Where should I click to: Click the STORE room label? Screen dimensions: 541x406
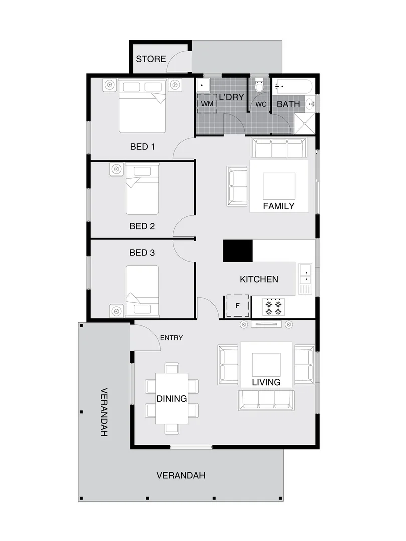151,59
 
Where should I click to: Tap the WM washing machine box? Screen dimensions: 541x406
208,104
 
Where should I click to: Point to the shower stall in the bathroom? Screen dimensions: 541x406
304,123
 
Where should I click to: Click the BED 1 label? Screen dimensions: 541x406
142,147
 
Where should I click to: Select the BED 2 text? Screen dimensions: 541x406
142,226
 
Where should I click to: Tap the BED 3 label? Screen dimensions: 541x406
142,253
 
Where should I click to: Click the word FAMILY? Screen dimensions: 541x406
279,206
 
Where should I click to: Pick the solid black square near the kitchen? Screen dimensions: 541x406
238,250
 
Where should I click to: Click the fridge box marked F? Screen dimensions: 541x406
238,305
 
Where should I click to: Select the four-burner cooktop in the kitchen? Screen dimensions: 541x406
274,306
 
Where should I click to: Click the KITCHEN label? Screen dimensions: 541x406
259,279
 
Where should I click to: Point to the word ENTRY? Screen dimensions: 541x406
171,338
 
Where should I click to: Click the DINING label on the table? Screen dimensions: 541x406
171,399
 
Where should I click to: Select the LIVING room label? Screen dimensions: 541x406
266,382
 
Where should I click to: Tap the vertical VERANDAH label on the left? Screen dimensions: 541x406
104,412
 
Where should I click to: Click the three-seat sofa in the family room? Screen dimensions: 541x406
279,148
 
